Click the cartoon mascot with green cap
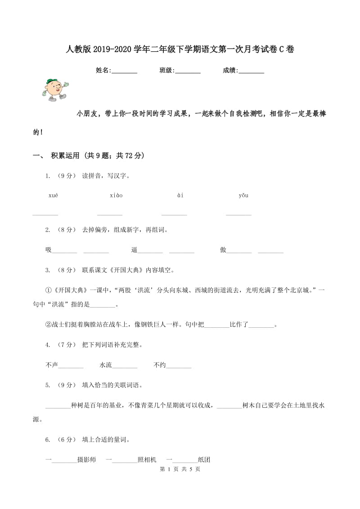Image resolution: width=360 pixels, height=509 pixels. (x=54, y=89)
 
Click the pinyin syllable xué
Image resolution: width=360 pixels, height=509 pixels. (x=53, y=195)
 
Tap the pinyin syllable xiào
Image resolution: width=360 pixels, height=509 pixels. (x=116, y=195)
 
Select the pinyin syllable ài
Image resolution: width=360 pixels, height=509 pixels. (x=180, y=195)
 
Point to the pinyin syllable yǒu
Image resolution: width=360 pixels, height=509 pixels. (x=243, y=195)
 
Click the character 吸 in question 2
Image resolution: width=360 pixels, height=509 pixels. (x=49, y=250)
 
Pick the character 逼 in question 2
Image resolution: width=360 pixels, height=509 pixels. (x=134, y=250)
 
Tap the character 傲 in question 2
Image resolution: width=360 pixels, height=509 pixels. (x=223, y=250)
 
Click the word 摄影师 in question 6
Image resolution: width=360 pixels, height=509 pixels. (x=86, y=460)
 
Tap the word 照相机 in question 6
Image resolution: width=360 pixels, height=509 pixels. (x=147, y=460)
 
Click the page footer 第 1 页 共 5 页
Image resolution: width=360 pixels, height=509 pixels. (x=180, y=469)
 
